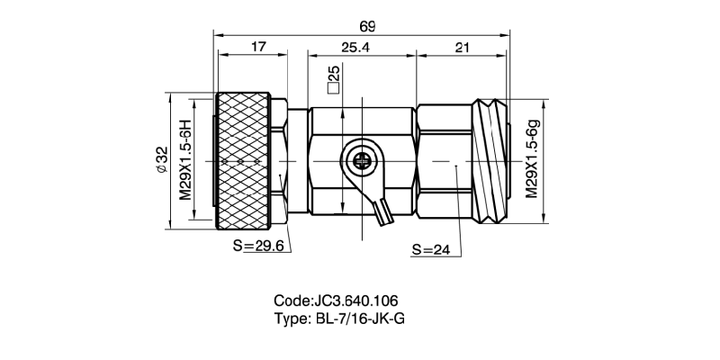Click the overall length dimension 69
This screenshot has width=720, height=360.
367,27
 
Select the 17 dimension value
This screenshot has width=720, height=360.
259,48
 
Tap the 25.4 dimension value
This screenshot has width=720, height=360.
355,48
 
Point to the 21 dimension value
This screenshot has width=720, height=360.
461,48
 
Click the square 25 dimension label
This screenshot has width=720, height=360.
333,80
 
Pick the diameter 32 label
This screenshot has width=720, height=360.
162,160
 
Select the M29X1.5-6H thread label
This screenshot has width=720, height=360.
184,160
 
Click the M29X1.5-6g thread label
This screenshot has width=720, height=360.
532,159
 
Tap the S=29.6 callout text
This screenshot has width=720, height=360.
258,246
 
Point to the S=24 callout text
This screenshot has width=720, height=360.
431,249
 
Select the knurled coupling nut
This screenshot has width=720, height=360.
243,161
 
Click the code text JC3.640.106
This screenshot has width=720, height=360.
355,301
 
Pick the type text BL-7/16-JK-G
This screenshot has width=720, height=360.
361,319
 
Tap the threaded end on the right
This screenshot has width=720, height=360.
491,161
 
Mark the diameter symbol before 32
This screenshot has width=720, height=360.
162,169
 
